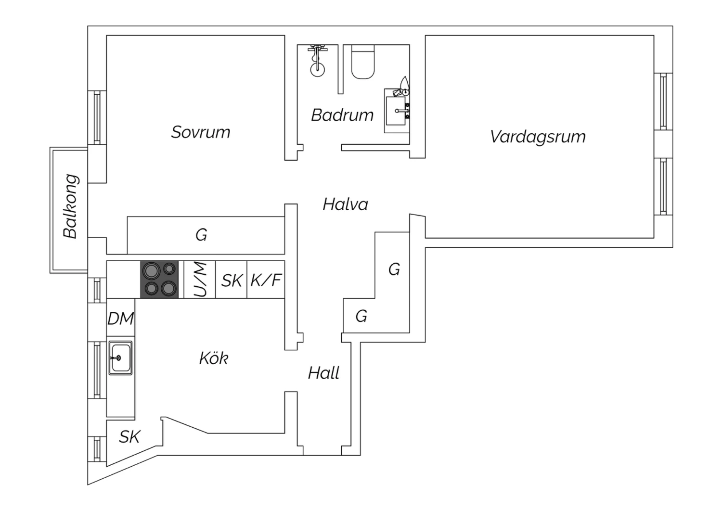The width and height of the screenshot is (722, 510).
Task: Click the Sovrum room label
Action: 201,132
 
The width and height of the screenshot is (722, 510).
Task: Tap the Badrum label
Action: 342,115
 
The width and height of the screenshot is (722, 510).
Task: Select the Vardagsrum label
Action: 538,137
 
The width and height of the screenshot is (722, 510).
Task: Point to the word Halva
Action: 345,204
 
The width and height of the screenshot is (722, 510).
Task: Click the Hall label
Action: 323,373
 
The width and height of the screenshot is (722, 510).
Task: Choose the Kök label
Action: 213,358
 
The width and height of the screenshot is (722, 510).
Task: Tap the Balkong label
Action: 71,206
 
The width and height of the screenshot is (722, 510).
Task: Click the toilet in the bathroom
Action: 363,62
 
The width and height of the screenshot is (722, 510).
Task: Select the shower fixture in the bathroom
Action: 318,61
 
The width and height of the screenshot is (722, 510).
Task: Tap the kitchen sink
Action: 120,357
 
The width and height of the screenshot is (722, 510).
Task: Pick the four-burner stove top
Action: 159,280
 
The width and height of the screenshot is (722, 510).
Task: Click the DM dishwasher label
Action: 120,319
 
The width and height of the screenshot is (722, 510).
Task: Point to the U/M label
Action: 200,280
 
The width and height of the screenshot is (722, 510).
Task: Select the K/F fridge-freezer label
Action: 266,280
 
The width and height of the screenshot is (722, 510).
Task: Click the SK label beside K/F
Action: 231,280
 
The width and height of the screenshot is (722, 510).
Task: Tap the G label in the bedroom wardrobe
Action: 201,235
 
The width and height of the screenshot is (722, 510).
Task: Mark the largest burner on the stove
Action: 152,270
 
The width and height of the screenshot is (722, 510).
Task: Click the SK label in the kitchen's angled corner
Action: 129,437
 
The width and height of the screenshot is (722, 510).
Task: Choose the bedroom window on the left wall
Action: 97,117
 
